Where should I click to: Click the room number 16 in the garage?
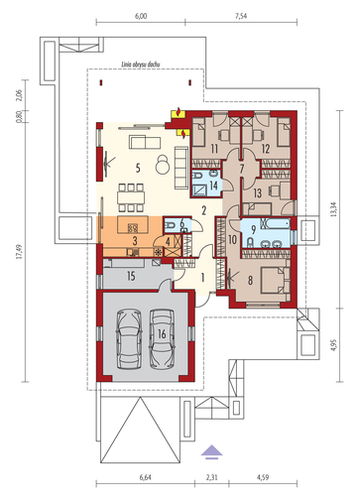click(x=162, y=334)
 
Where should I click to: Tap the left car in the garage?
click(x=129, y=338)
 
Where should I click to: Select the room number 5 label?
click(x=138, y=168)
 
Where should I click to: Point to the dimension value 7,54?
click(x=241, y=16)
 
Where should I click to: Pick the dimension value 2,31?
click(x=211, y=477)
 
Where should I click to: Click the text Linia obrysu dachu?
click(x=141, y=64)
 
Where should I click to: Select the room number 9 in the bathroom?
click(x=254, y=229)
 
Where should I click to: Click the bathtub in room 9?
click(x=276, y=223)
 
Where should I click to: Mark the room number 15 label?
click(x=131, y=276)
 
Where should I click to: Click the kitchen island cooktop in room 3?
click(x=133, y=228)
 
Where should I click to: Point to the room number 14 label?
click(x=213, y=186)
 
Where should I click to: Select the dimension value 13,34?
click(x=334, y=209)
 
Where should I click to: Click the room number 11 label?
click(x=214, y=149)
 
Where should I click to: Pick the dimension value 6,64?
click(x=146, y=477)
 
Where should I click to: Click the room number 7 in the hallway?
click(x=242, y=169)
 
